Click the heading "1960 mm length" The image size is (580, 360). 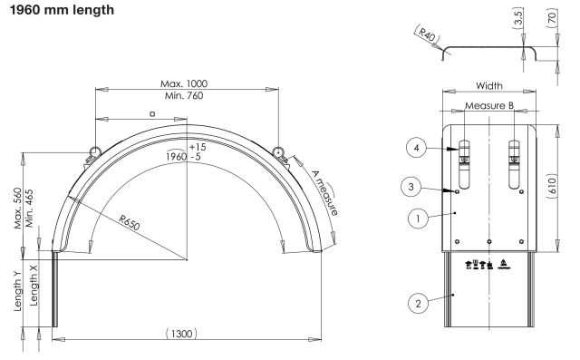[x=62, y=10]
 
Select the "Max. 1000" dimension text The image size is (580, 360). [x=184, y=83]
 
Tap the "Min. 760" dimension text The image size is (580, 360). [x=184, y=96]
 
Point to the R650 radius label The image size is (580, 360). [x=130, y=223]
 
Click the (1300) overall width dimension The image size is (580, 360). [x=181, y=334]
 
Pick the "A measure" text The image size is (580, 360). [x=324, y=193]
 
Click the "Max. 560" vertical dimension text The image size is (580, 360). [x=17, y=209]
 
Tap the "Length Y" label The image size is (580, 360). [x=17, y=291]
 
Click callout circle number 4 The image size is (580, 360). [x=417, y=148]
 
